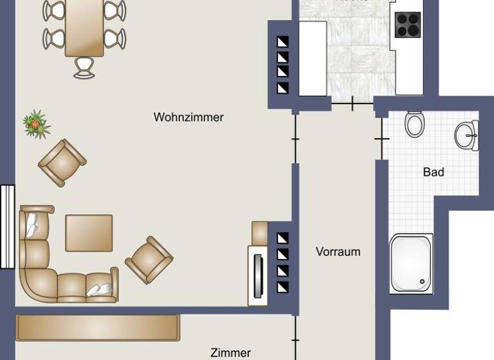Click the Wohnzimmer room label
click(x=188, y=118)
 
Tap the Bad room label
click(x=434, y=172)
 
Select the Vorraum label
click(x=338, y=252)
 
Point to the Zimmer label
click(x=230, y=352)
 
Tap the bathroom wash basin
click(x=467, y=136)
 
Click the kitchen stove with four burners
click(x=407, y=25)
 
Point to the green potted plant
click(x=36, y=124)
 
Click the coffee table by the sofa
click(x=89, y=233)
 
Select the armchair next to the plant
click(x=62, y=163)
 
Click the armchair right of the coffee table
click(x=149, y=260)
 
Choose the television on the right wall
click(x=259, y=275)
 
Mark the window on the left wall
click(x=7, y=226)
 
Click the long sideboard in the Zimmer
click(x=98, y=327)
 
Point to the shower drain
click(x=423, y=280)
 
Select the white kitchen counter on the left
click(x=313, y=58)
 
